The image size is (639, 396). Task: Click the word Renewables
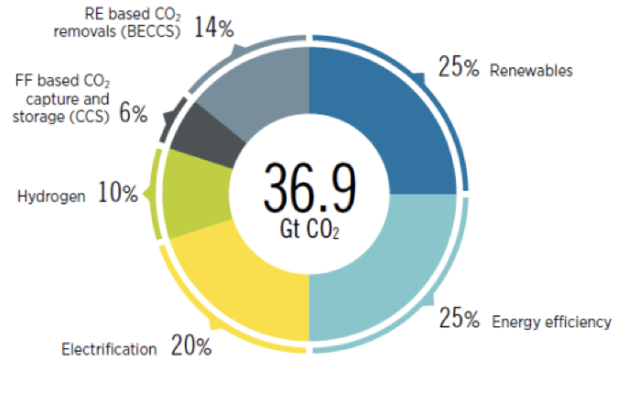pos(531,71)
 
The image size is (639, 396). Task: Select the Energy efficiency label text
pos(551,322)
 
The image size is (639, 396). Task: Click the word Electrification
pos(110,349)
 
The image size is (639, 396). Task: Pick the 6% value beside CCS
pos(133,114)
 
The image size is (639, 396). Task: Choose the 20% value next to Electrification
pos(190,347)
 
